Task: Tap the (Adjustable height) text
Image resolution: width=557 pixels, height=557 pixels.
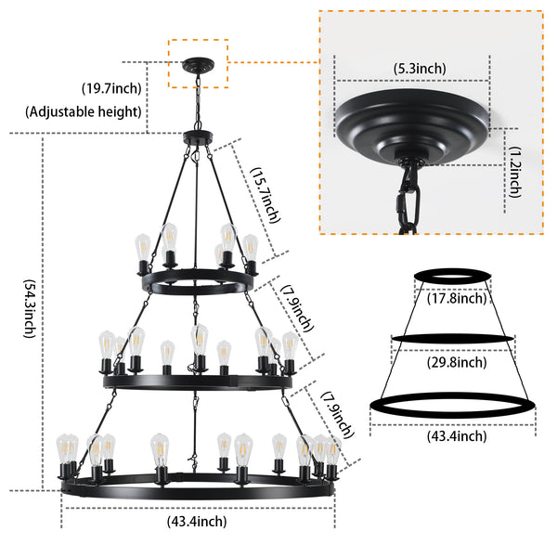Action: tap(84, 112)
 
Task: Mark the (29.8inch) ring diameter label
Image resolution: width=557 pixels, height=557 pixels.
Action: tap(451, 362)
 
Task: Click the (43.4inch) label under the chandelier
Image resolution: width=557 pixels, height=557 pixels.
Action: tap(197, 522)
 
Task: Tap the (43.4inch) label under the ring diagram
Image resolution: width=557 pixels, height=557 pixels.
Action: tap(453, 435)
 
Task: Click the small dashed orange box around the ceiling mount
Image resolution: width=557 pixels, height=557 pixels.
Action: tap(198, 63)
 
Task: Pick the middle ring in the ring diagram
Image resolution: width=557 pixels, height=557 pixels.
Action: tap(452, 338)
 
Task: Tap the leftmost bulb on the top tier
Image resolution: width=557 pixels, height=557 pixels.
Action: tap(143, 249)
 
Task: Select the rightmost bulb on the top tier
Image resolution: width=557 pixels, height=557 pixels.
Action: tap(250, 249)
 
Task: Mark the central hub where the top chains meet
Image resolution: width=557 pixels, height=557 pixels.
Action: tap(197, 138)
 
